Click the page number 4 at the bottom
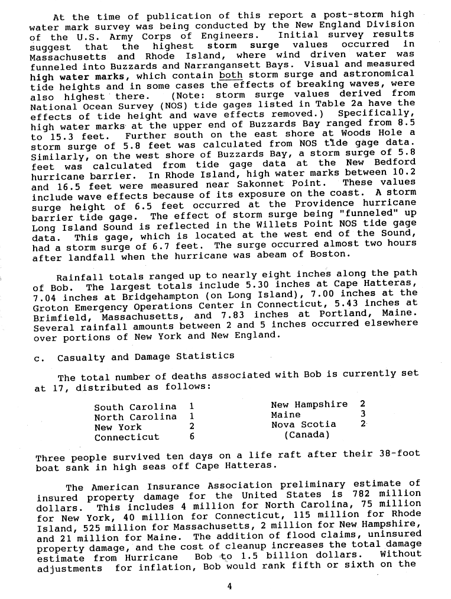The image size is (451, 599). click(x=229, y=587)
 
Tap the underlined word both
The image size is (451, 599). click(x=231, y=75)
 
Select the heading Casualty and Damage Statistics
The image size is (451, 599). click(x=145, y=357)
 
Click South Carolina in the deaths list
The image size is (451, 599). click(x=135, y=407)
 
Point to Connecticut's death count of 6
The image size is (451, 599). click(x=192, y=437)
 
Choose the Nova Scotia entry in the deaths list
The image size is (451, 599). click(x=303, y=424)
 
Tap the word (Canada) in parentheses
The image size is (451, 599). click(x=307, y=434)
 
